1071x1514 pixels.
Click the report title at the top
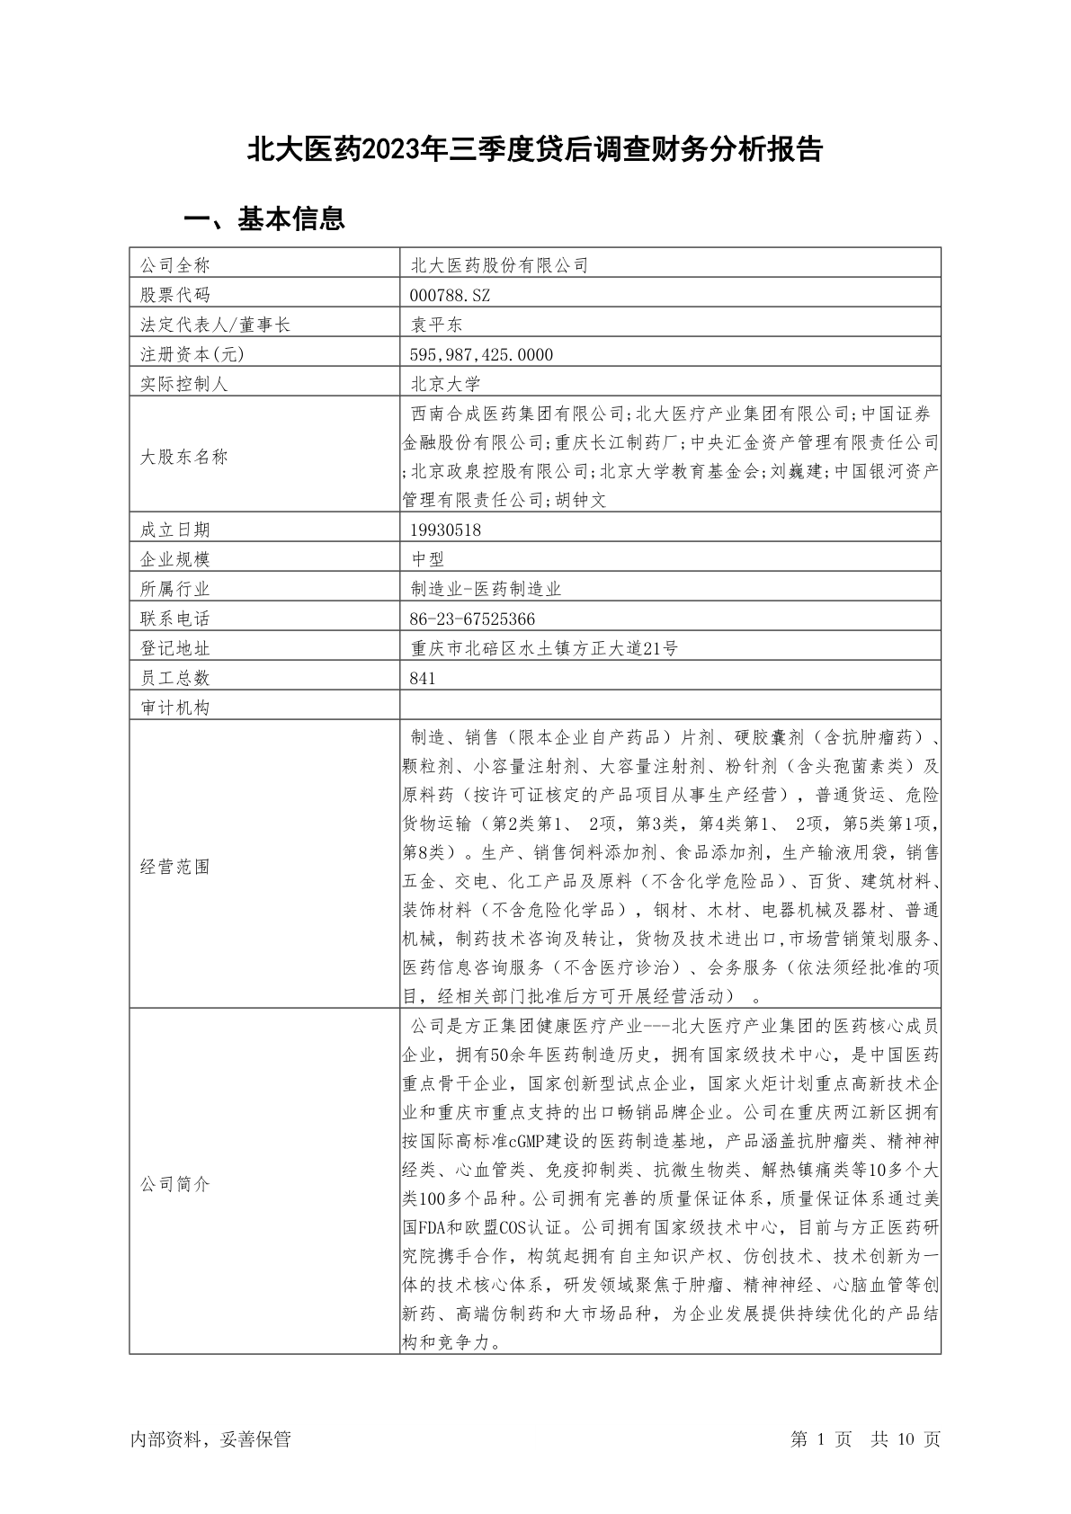pos(535,149)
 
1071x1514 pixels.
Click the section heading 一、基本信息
pos(264,218)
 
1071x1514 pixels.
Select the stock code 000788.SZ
pos(450,295)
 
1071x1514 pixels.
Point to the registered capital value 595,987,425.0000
pos(481,354)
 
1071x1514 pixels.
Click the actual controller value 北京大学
pos(445,384)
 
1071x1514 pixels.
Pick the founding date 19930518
pos(445,530)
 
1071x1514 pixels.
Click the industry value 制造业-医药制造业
pos(486,589)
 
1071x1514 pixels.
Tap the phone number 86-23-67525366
pos(472,619)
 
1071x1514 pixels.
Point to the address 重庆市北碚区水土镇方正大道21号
pos(544,648)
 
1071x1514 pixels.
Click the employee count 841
pos(422,678)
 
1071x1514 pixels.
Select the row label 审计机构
pos(174,708)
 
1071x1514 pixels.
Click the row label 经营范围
pos(174,867)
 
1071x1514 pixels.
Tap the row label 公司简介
pos(174,1184)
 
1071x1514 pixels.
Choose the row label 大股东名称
pos(183,457)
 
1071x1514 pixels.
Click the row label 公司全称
pos(174,265)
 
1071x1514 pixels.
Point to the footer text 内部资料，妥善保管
pos(210,1439)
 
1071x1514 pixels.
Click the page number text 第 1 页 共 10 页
pos(865,1439)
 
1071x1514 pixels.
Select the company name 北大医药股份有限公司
pos(499,265)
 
